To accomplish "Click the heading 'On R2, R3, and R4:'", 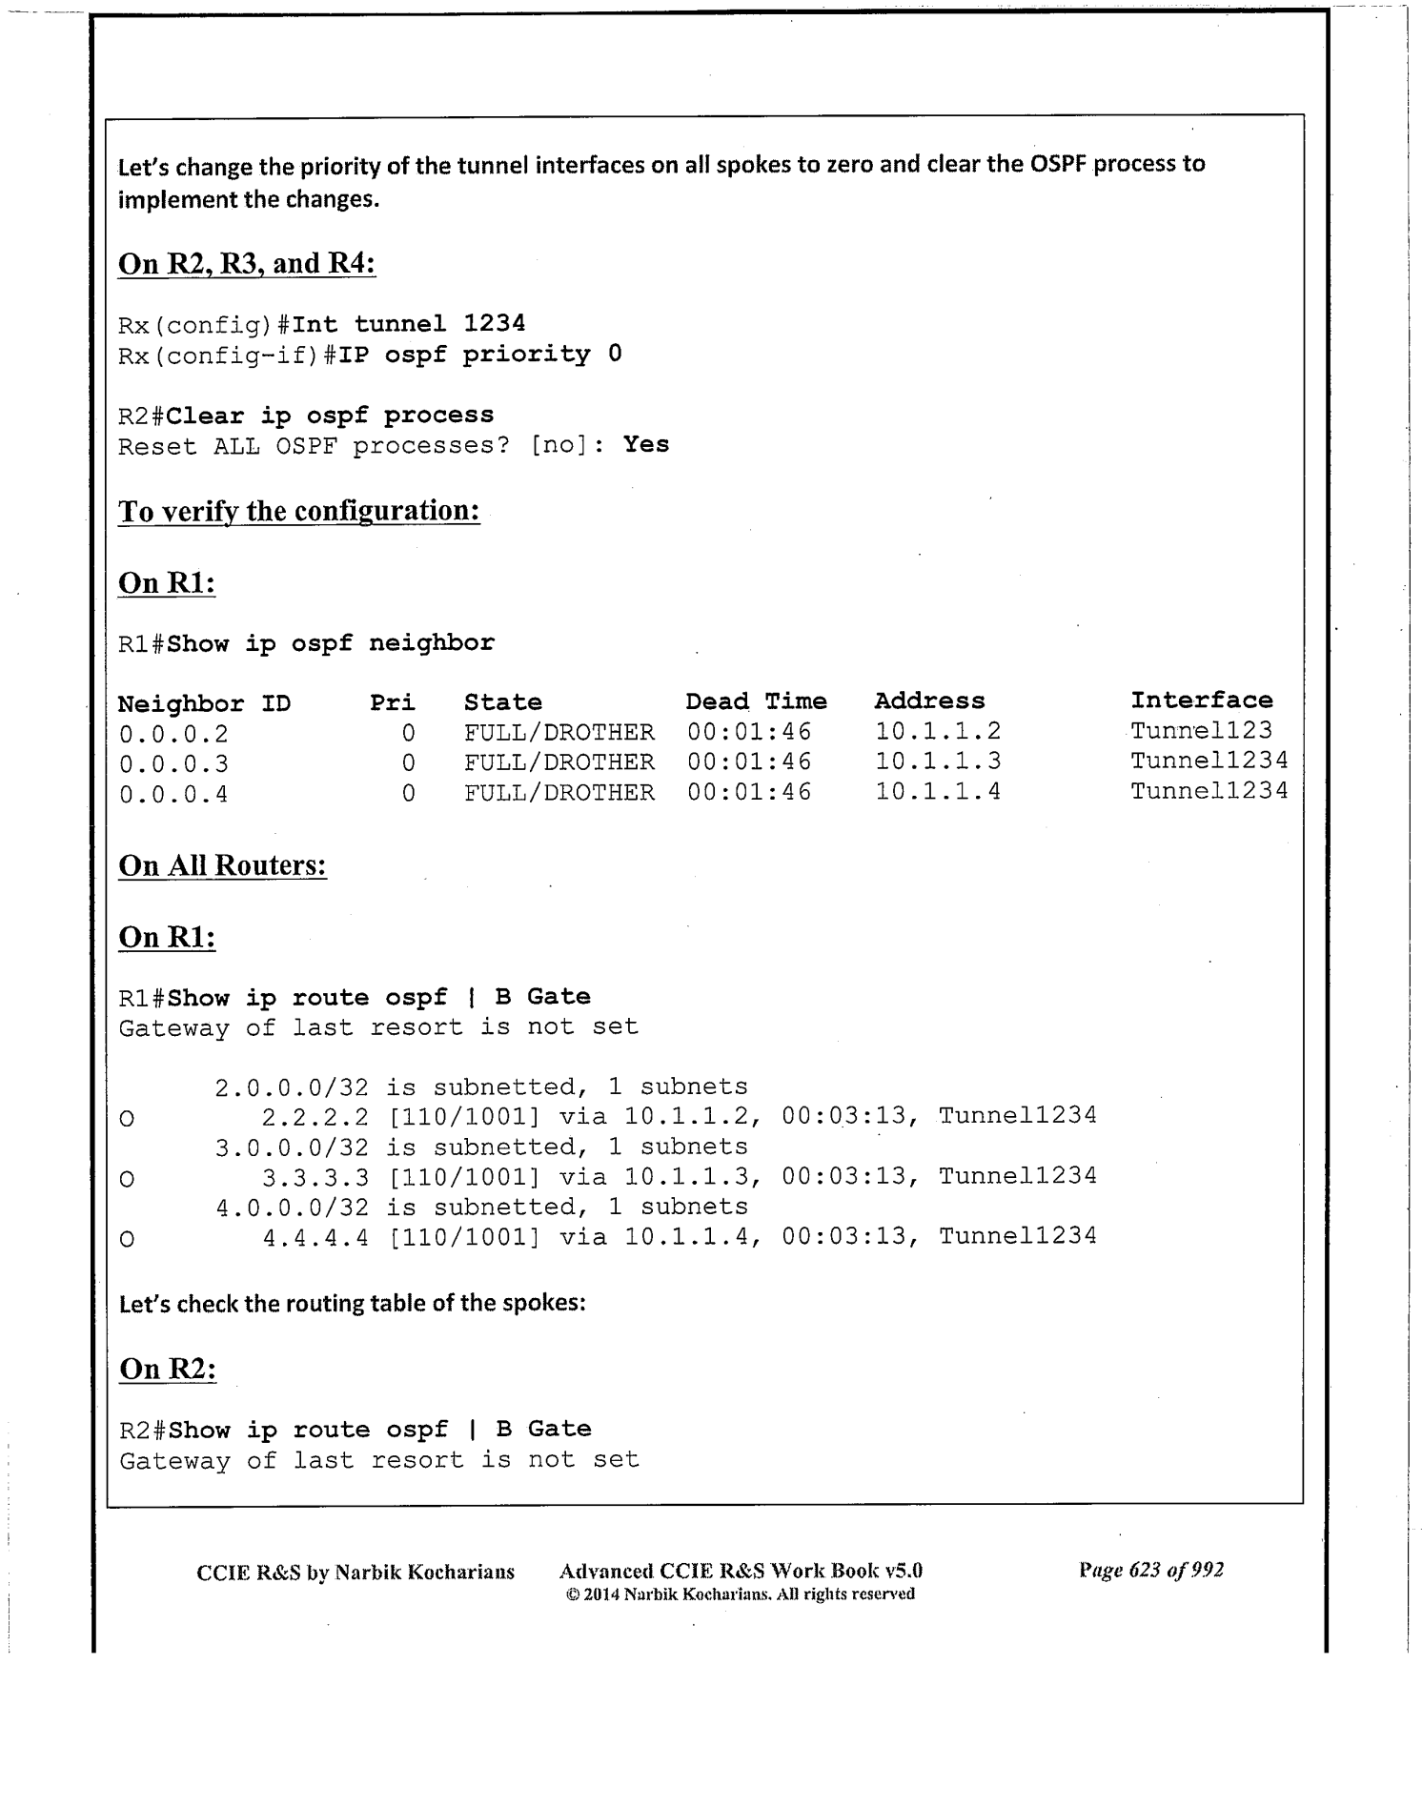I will point(247,263).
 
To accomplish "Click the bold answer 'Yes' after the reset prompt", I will point(646,445).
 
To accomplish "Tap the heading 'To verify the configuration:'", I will point(298,511).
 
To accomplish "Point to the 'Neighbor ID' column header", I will point(204,703).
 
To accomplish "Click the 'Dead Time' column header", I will point(756,701).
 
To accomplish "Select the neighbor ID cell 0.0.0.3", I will point(173,764).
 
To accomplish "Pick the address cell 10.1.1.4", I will point(938,791).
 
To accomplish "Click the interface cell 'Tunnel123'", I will point(1201,731).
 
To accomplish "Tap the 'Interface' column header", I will point(1201,700).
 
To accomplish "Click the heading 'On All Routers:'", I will point(222,865).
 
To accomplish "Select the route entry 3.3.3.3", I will point(315,1177).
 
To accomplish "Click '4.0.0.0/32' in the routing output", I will point(292,1208).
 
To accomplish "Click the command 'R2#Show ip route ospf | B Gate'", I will point(355,1430).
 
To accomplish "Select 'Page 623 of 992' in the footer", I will point(1150,1570).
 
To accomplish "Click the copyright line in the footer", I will point(740,1594).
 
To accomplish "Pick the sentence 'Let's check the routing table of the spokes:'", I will point(352,1303).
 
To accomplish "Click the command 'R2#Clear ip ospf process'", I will point(306,416).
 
